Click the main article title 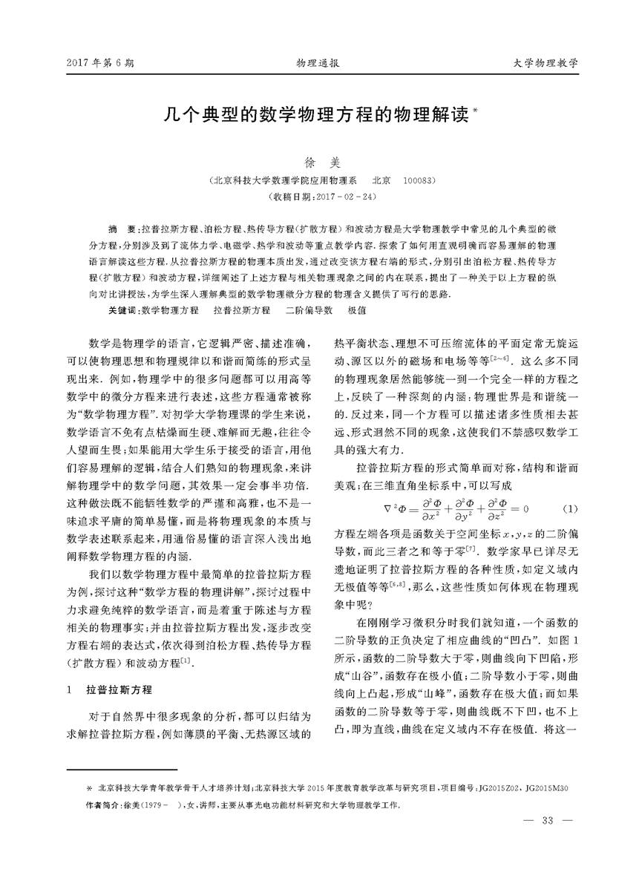coord(315,117)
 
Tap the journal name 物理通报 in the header coord(318,65)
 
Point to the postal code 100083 coord(418,180)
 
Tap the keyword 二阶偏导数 coord(308,309)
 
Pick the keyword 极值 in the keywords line coord(357,309)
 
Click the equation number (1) coord(570,508)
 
